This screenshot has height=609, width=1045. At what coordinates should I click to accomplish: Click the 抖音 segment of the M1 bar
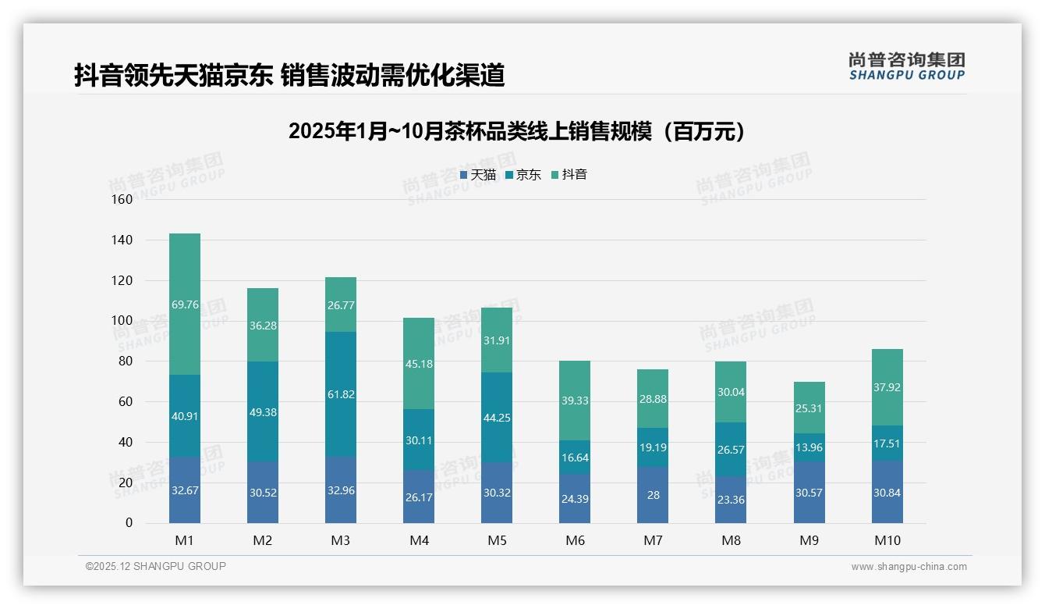pos(185,304)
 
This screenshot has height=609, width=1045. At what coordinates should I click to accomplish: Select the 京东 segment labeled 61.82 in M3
pos(341,394)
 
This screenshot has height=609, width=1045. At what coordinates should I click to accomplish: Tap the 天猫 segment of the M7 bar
pos(653,495)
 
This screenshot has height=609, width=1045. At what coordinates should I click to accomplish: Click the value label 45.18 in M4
pos(419,364)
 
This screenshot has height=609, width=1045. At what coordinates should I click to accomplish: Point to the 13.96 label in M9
pos(809,447)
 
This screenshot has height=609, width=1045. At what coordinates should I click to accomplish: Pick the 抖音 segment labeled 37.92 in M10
pos(887,387)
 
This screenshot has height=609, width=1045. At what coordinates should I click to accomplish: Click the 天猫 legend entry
pos(477,175)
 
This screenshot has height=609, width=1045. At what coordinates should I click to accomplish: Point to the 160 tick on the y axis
pos(122,199)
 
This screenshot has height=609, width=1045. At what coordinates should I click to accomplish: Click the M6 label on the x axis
pos(575,540)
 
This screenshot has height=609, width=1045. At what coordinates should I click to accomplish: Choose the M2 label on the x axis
pos(263,540)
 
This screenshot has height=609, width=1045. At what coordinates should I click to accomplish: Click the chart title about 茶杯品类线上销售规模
pos(516,131)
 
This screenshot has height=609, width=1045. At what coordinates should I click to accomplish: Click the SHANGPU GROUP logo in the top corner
pos(906,66)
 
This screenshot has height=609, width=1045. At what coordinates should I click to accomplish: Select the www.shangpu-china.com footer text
pos(909,567)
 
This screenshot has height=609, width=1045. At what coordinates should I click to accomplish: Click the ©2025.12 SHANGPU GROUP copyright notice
pos(156,567)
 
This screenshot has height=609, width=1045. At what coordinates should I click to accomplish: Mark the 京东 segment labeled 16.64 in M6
pos(575,458)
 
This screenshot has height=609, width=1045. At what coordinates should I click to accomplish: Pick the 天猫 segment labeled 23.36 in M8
pos(731,500)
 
